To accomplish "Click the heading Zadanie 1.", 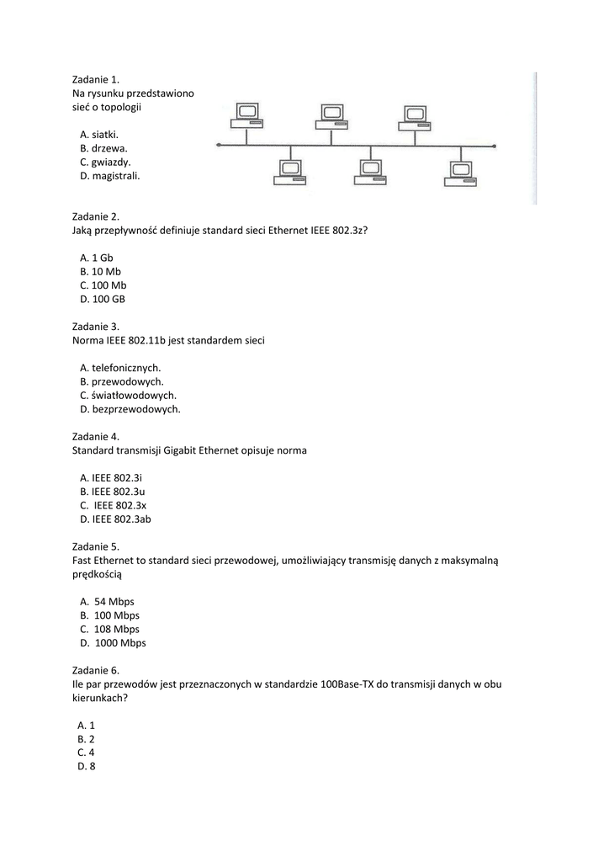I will [x=96, y=80].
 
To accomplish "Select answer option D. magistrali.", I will [x=110, y=176].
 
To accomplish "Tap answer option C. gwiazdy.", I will [x=105, y=162].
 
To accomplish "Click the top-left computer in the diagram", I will [x=247, y=115].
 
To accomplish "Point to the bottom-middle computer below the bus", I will [x=368, y=172].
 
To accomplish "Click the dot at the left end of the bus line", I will [x=219, y=145].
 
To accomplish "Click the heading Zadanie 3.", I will [x=96, y=326].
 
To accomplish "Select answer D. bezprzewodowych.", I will [x=130, y=409].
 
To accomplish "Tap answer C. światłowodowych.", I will [x=129, y=395].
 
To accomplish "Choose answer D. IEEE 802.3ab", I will [x=116, y=519].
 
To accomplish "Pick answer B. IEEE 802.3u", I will [x=113, y=491].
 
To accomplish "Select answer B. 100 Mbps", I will [x=110, y=615].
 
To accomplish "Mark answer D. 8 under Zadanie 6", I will [x=87, y=766].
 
